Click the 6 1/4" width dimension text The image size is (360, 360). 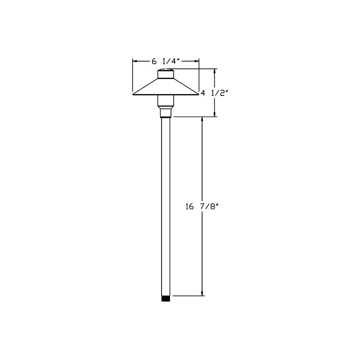tap(167, 61)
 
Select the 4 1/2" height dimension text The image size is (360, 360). tap(214, 93)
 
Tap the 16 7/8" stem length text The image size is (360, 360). tap(202, 207)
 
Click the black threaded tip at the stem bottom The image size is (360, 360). tap(166, 298)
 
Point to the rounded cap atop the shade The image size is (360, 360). tap(166, 73)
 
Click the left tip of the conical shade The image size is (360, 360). tap(133, 94)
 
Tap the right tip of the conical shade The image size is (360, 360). tap(198, 94)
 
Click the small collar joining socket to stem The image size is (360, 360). tap(166, 113)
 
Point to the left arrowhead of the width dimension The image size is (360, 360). tap(135, 61)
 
